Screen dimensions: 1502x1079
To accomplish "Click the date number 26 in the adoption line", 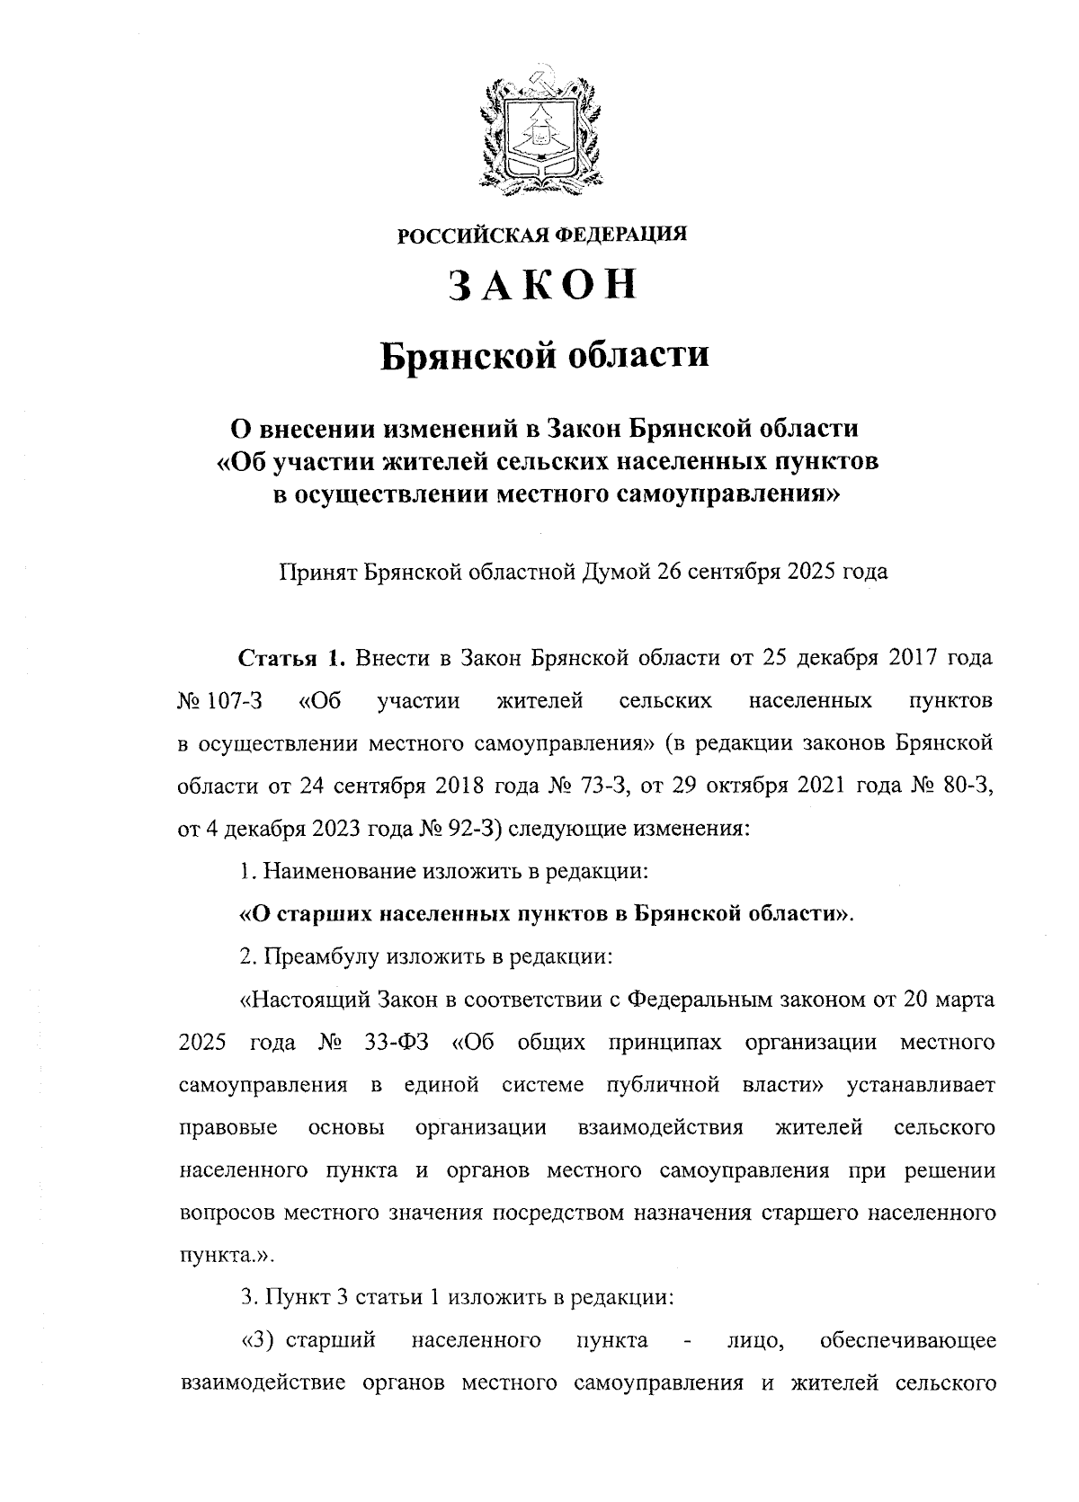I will click(x=671, y=572).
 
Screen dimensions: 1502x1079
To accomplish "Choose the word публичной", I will click(x=664, y=1085).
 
